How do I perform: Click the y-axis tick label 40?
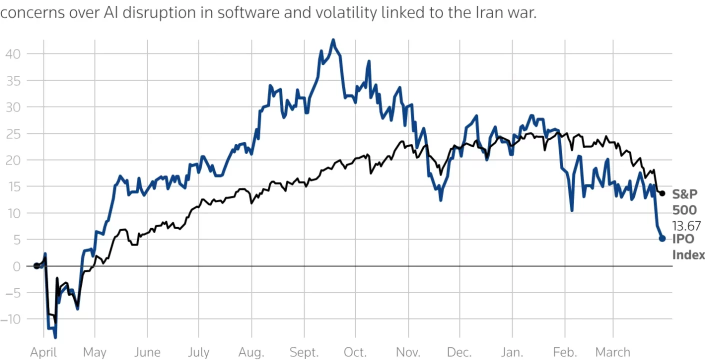[13, 53]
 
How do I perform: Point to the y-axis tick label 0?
[16, 266]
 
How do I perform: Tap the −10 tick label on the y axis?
[11, 319]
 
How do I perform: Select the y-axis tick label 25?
[13, 133]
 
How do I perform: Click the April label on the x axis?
[43, 352]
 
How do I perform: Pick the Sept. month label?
[303, 352]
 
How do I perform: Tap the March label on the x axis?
[613, 352]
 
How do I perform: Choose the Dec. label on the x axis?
[459, 352]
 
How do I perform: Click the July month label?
[198, 352]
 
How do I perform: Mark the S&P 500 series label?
[684, 202]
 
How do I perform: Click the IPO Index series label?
[688, 247]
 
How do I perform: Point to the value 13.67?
[686, 226]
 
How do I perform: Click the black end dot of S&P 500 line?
[662, 193]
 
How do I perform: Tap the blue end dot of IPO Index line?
[662, 238]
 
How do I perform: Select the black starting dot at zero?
[36, 266]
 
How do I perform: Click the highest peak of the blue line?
[333, 40]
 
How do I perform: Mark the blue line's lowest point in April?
[55, 337]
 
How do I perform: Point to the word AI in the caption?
[111, 13]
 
